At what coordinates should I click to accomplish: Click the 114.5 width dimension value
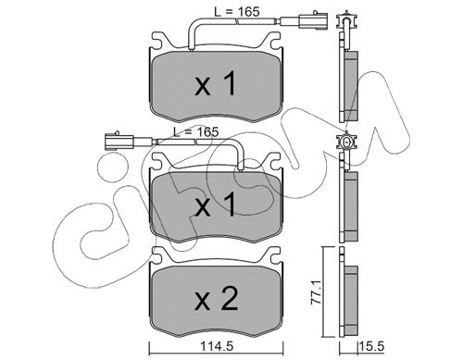[217, 346]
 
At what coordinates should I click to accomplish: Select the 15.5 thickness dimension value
[371, 346]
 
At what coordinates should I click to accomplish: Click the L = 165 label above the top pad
[237, 12]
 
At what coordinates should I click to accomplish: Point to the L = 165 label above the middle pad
[195, 131]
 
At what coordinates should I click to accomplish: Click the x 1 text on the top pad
[216, 83]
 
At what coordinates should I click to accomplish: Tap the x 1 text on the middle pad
[216, 204]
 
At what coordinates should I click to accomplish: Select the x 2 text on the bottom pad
[217, 298]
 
